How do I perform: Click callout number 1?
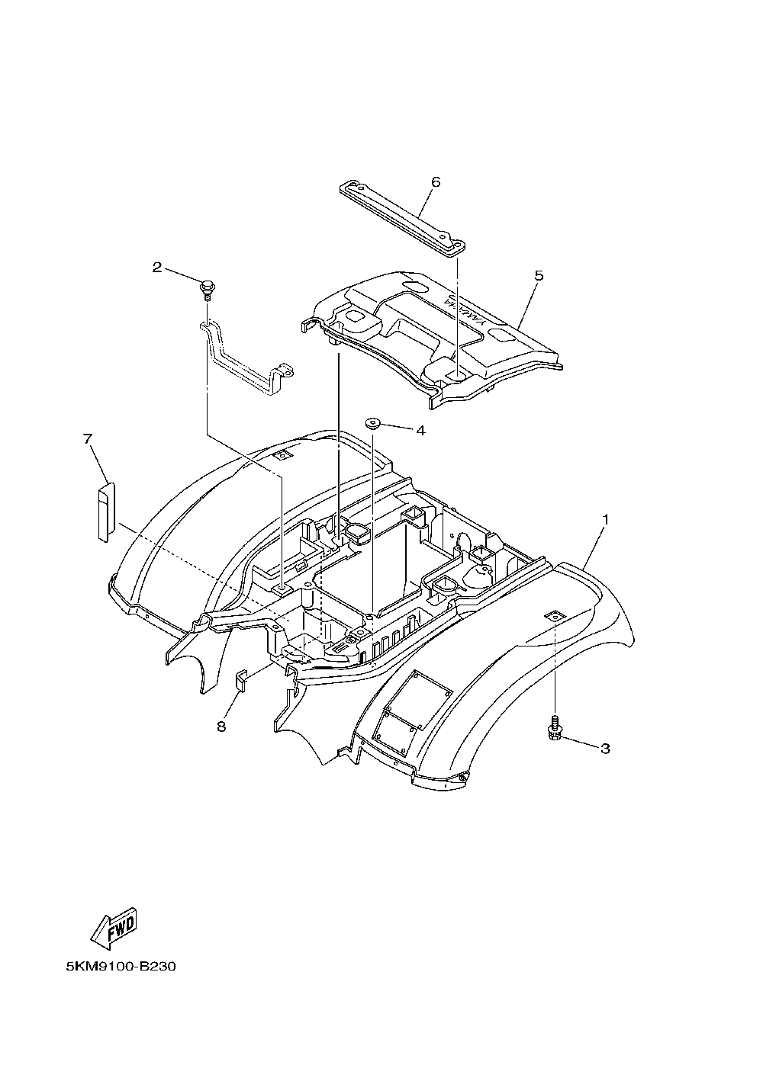(x=606, y=519)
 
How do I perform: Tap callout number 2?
(x=157, y=267)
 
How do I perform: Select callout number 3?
(x=605, y=749)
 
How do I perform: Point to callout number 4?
(x=420, y=430)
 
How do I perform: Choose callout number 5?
(x=539, y=275)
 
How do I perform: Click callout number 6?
(x=436, y=182)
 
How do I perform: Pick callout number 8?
(x=221, y=727)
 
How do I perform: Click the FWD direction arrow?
(x=114, y=929)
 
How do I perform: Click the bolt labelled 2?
(x=206, y=290)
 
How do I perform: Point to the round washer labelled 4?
(x=373, y=422)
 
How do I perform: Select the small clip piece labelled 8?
(x=240, y=678)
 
